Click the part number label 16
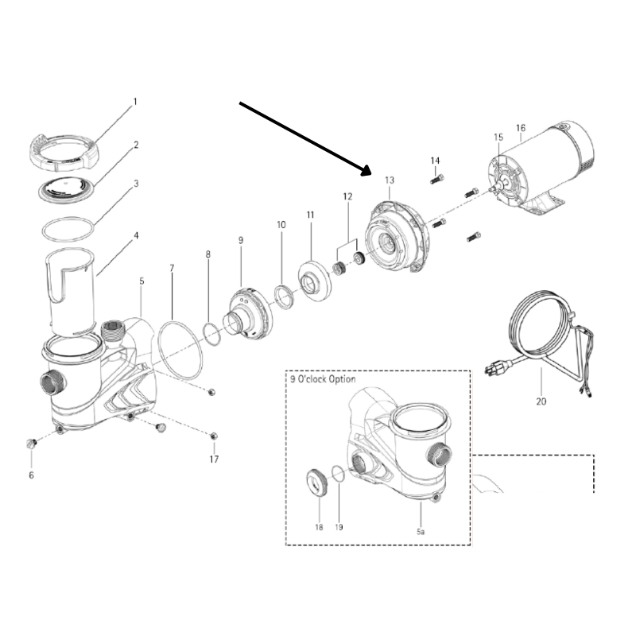click(x=521, y=127)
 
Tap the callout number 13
click(x=389, y=180)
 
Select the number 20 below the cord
click(x=541, y=401)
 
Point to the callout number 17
click(x=213, y=459)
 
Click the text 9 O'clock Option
click(x=323, y=379)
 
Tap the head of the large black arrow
click(x=367, y=169)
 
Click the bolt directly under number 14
click(x=436, y=180)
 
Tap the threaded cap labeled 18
click(x=318, y=481)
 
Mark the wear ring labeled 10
click(x=282, y=297)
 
